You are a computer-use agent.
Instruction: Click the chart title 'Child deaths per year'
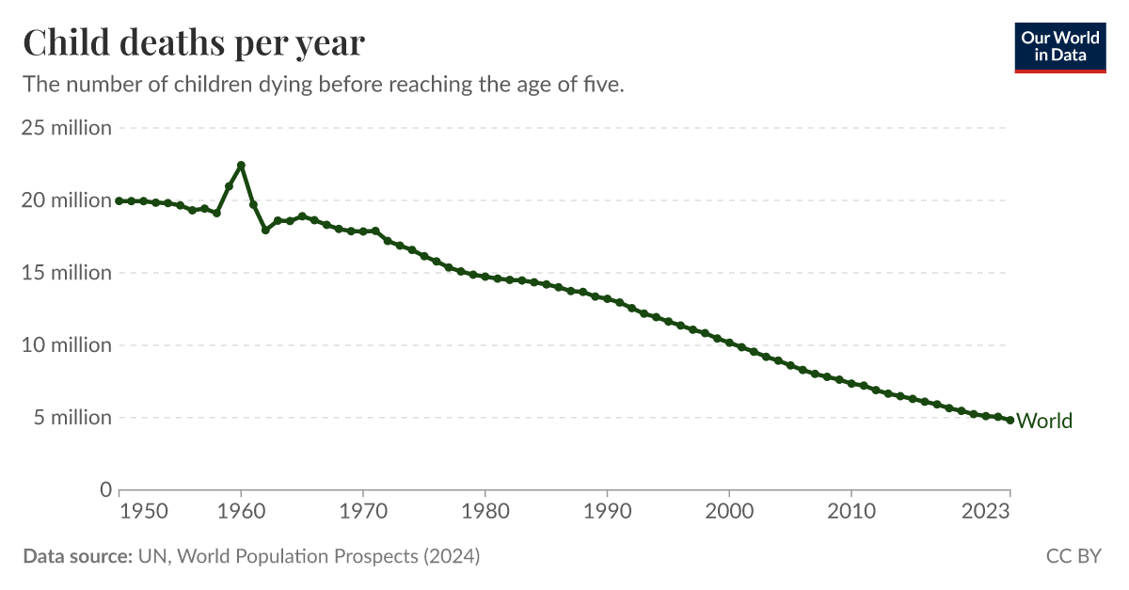pyautogui.click(x=194, y=43)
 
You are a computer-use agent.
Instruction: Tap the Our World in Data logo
pyautogui.click(x=1060, y=46)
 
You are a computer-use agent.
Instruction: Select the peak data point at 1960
pyautogui.click(x=241, y=166)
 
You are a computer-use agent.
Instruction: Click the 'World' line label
pyautogui.click(x=1044, y=421)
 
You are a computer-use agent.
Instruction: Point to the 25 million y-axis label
pyautogui.click(x=67, y=128)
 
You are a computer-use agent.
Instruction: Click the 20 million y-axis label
pyautogui.click(x=67, y=200)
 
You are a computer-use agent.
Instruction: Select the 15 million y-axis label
pyautogui.click(x=67, y=273)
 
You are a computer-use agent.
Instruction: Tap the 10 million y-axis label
pyautogui.click(x=67, y=345)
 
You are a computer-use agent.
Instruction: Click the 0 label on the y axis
pyautogui.click(x=105, y=489)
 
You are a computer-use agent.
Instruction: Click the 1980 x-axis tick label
pyautogui.click(x=485, y=512)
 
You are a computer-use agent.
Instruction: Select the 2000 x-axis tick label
pyautogui.click(x=729, y=512)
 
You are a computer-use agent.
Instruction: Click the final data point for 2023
pyautogui.click(x=1010, y=421)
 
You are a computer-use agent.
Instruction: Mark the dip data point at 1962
pyautogui.click(x=265, y=230)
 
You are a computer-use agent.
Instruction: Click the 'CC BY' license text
pyautogui.click(x=1073, y=556)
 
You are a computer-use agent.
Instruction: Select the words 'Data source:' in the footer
pyautogui.click(x=77, y=556)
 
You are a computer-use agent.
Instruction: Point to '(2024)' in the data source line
pyautogui.click(x=451, y=556)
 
